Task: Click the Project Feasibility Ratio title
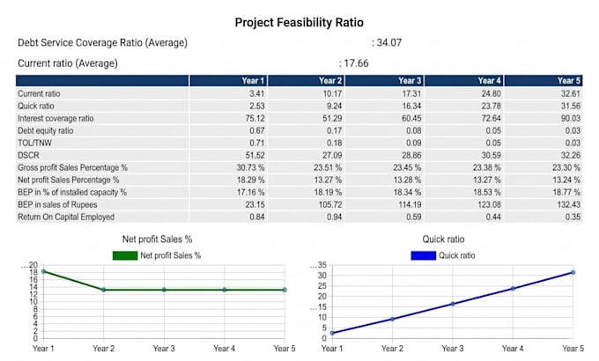pos(299,23)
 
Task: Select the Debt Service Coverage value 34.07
pos(389,42)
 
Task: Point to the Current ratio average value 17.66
pos(356,63)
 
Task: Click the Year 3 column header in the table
pos(410,81)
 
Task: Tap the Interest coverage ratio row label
pos(55,118)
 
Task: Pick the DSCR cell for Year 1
pos(255,156)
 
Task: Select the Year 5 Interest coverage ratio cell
pos(570,118)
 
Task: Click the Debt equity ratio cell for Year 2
pos(334,130)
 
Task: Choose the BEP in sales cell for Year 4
pos(489,205)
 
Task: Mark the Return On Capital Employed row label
pos(66,217)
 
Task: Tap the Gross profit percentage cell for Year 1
pos(250,167)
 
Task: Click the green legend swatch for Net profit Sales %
pos(125,255)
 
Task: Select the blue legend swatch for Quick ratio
pos(424,255)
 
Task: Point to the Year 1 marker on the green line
pos(43,271)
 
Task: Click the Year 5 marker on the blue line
pos(573,272)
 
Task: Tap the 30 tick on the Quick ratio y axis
pos(322,276)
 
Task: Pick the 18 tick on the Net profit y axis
pos(33,272)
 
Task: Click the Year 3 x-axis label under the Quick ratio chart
pos(452,349)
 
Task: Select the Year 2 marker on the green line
pos(104,290)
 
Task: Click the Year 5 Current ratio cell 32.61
pos(570,93)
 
